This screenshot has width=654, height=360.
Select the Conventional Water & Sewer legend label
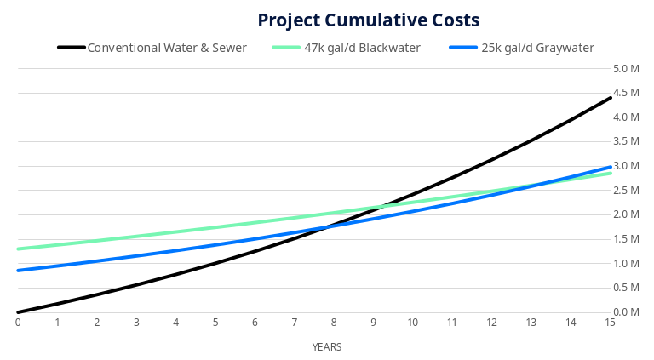(x=167, y=48)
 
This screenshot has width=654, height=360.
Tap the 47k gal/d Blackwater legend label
(x=362, y=48)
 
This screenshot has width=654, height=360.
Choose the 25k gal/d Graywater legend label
(x=537, y=48)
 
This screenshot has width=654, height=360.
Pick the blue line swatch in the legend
(x=463, y=48)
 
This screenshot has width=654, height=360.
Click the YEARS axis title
(x=326, y=347)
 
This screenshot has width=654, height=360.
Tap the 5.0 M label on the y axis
(x=627, y=68)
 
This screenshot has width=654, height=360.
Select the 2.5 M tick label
(x=627, y=191)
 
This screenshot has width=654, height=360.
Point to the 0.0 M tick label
(x=627, y=312)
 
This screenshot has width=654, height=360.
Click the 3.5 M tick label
(x=627, y=141)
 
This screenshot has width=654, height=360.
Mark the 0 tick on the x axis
(x=18, y=323)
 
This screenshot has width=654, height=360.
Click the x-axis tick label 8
(x=334, y=323)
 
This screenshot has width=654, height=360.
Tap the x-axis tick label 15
(x=610, y=323)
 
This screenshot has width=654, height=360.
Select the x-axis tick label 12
(x=491, y=323)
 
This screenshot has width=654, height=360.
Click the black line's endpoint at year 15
(x=610, y=98)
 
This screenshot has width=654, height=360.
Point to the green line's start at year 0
(x=18, y=249)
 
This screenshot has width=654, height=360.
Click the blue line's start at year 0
(x=18, y=271)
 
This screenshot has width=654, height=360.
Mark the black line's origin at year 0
(x=18, y=312)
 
